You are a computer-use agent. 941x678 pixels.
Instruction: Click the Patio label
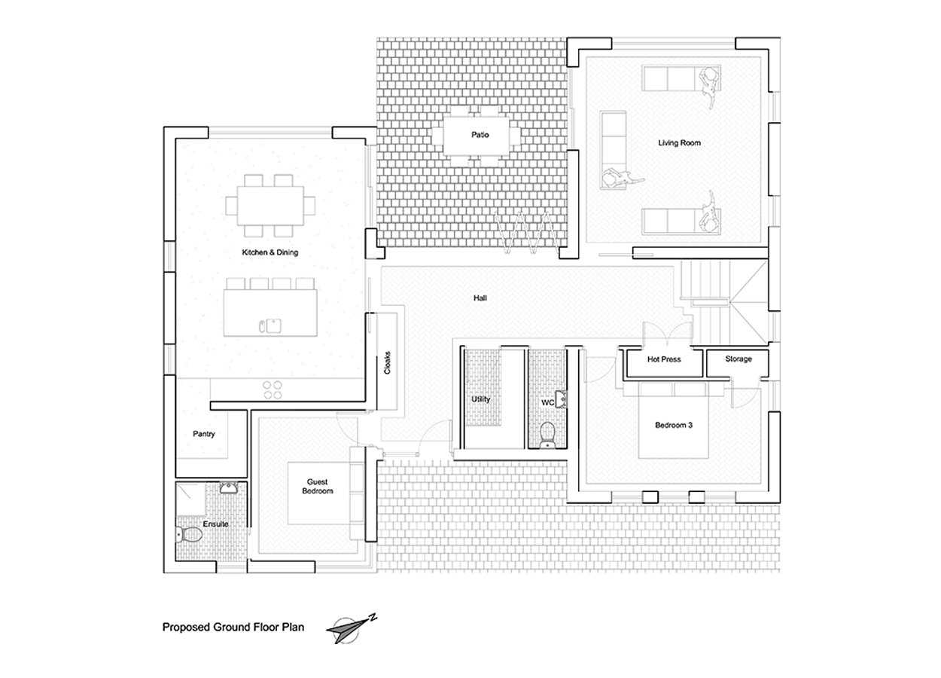[x=480, y=135]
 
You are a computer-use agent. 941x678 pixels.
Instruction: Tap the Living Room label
[x=679, y=143]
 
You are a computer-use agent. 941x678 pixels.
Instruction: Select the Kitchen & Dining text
[x=270, y=252]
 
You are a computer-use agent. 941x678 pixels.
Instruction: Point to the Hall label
[x=480, y=298]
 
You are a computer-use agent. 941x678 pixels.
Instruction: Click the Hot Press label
[x=664, y=359]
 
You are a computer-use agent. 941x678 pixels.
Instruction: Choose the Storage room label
[x=738, y=359]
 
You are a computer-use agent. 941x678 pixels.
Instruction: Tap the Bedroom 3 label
[x=674, y=425]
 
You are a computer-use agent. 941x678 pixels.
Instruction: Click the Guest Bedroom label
[x=317, y=487]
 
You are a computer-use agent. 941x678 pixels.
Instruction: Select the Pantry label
[x=204, y=434]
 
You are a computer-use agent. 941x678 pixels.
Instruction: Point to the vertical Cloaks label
[x=388, y=363]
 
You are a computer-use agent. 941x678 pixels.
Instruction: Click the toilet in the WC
[x=547, y=435]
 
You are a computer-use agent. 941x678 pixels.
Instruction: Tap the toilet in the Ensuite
[x=189, y=535]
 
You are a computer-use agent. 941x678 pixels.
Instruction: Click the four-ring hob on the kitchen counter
[x=273, y=389]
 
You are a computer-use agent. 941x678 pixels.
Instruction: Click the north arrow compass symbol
[x=351, y=630]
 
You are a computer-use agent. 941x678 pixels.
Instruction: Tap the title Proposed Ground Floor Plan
[x=233, y=627]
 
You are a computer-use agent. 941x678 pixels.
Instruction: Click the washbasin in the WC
[x=561, y=399]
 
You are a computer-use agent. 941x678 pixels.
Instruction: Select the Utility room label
[x=480, y=399]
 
